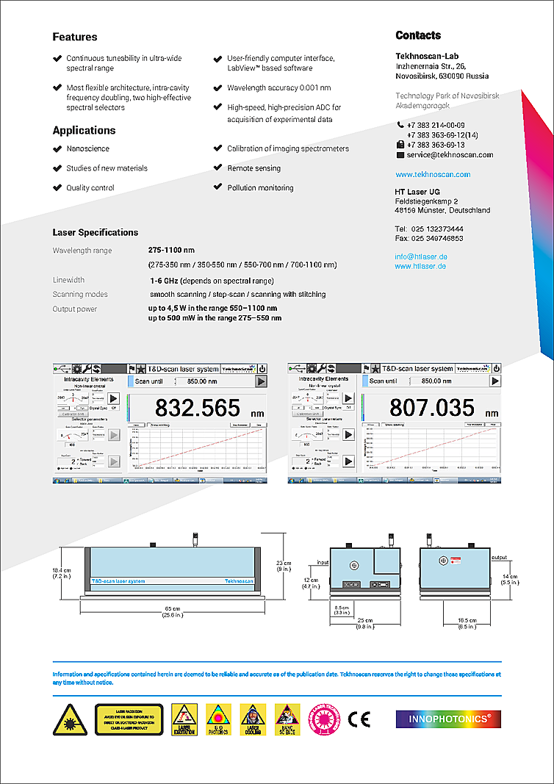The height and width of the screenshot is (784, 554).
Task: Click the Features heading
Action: pyautogui.click(x=75, y=37)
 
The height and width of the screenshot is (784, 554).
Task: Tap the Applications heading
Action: pyautogui.click(x=84, y=131)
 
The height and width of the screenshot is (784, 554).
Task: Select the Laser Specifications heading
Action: pyautogui.click(x=96, y=232)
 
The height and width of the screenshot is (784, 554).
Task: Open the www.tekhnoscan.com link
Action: pyautogui.click(x=433, y=175)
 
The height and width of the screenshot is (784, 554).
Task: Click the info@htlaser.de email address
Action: pyautogui.click(x=421, y=256)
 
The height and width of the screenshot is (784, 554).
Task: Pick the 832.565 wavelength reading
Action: pyautogui.click(x=198, y=408)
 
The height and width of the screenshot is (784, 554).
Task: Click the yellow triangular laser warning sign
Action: pyautogui.click(x=70, y=719)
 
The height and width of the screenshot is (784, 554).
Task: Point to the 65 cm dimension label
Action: pyautogui.click(x=173, y=609)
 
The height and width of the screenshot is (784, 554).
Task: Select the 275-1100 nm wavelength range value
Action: pyautogui.click(x=171, y=250)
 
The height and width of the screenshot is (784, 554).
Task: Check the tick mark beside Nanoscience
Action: pyautogui.click(x=57, y=148)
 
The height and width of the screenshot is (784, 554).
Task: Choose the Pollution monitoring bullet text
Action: pyautogui.click(x=260, y=188)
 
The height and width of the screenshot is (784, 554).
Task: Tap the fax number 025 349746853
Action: pyautogui.click(x=437, y=238)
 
